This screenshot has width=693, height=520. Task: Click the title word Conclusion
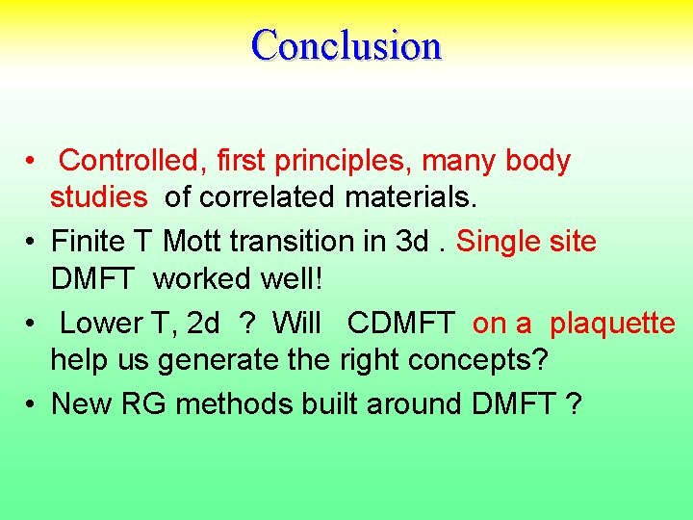coord(346,45)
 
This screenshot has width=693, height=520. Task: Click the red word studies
coord(99,197)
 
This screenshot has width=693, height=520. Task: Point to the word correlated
coord(254,197)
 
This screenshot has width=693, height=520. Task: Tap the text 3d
coord(412,242)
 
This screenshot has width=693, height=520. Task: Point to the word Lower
coord(101,324)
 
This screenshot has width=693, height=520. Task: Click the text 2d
coord(203,324)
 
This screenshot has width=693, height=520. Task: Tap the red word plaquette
coord(612,324)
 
